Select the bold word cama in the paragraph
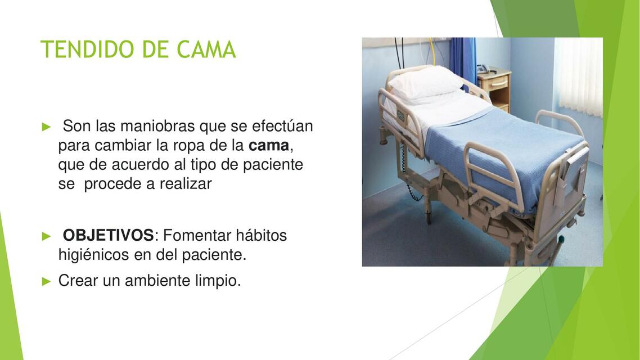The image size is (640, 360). point(268,146)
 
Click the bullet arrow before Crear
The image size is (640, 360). point(47,281)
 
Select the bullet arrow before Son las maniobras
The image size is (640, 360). point(47,126)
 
